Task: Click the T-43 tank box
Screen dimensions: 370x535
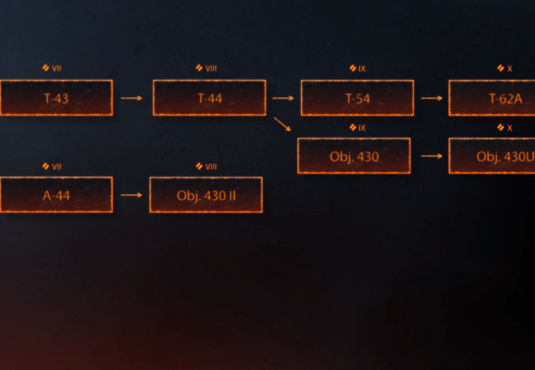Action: click(55, 98)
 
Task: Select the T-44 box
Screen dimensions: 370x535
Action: click(209, 98)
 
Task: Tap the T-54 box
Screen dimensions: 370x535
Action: click(357, 98)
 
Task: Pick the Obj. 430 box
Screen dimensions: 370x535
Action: click(354, 156)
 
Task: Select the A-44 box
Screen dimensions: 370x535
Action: click(55, 195)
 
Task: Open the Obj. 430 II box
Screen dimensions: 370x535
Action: click(206, 195)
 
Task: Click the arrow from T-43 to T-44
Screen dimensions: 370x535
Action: click(132, 98)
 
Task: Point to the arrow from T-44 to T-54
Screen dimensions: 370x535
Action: click(282, 98)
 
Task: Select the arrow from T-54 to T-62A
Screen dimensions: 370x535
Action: click(431, 98)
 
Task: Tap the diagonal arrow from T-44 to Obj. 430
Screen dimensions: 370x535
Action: click(281, 124)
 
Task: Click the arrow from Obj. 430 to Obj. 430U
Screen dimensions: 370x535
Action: click(431, 156)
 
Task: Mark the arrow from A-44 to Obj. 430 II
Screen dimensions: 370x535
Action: click(131, 195)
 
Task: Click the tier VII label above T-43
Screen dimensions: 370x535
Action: click(52, 69)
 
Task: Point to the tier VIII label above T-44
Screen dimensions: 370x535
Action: click(206, 69)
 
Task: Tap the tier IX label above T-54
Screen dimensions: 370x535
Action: click(358, 69)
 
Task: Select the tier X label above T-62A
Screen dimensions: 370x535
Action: click(505, 69)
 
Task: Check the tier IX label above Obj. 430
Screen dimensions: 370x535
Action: click(358, 127)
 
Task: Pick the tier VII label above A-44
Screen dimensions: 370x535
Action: click(52, 166)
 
